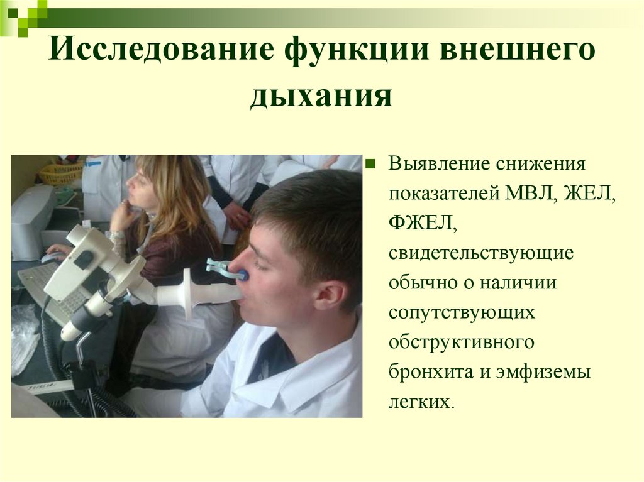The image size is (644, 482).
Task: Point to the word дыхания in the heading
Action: point(321,97)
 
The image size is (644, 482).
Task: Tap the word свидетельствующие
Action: point(480,253)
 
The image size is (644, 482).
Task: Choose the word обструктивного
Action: point(462,342)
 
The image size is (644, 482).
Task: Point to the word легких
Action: point(419,400)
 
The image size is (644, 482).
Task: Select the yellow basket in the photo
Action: point(61,173)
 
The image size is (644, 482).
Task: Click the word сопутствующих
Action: point(462,312)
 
